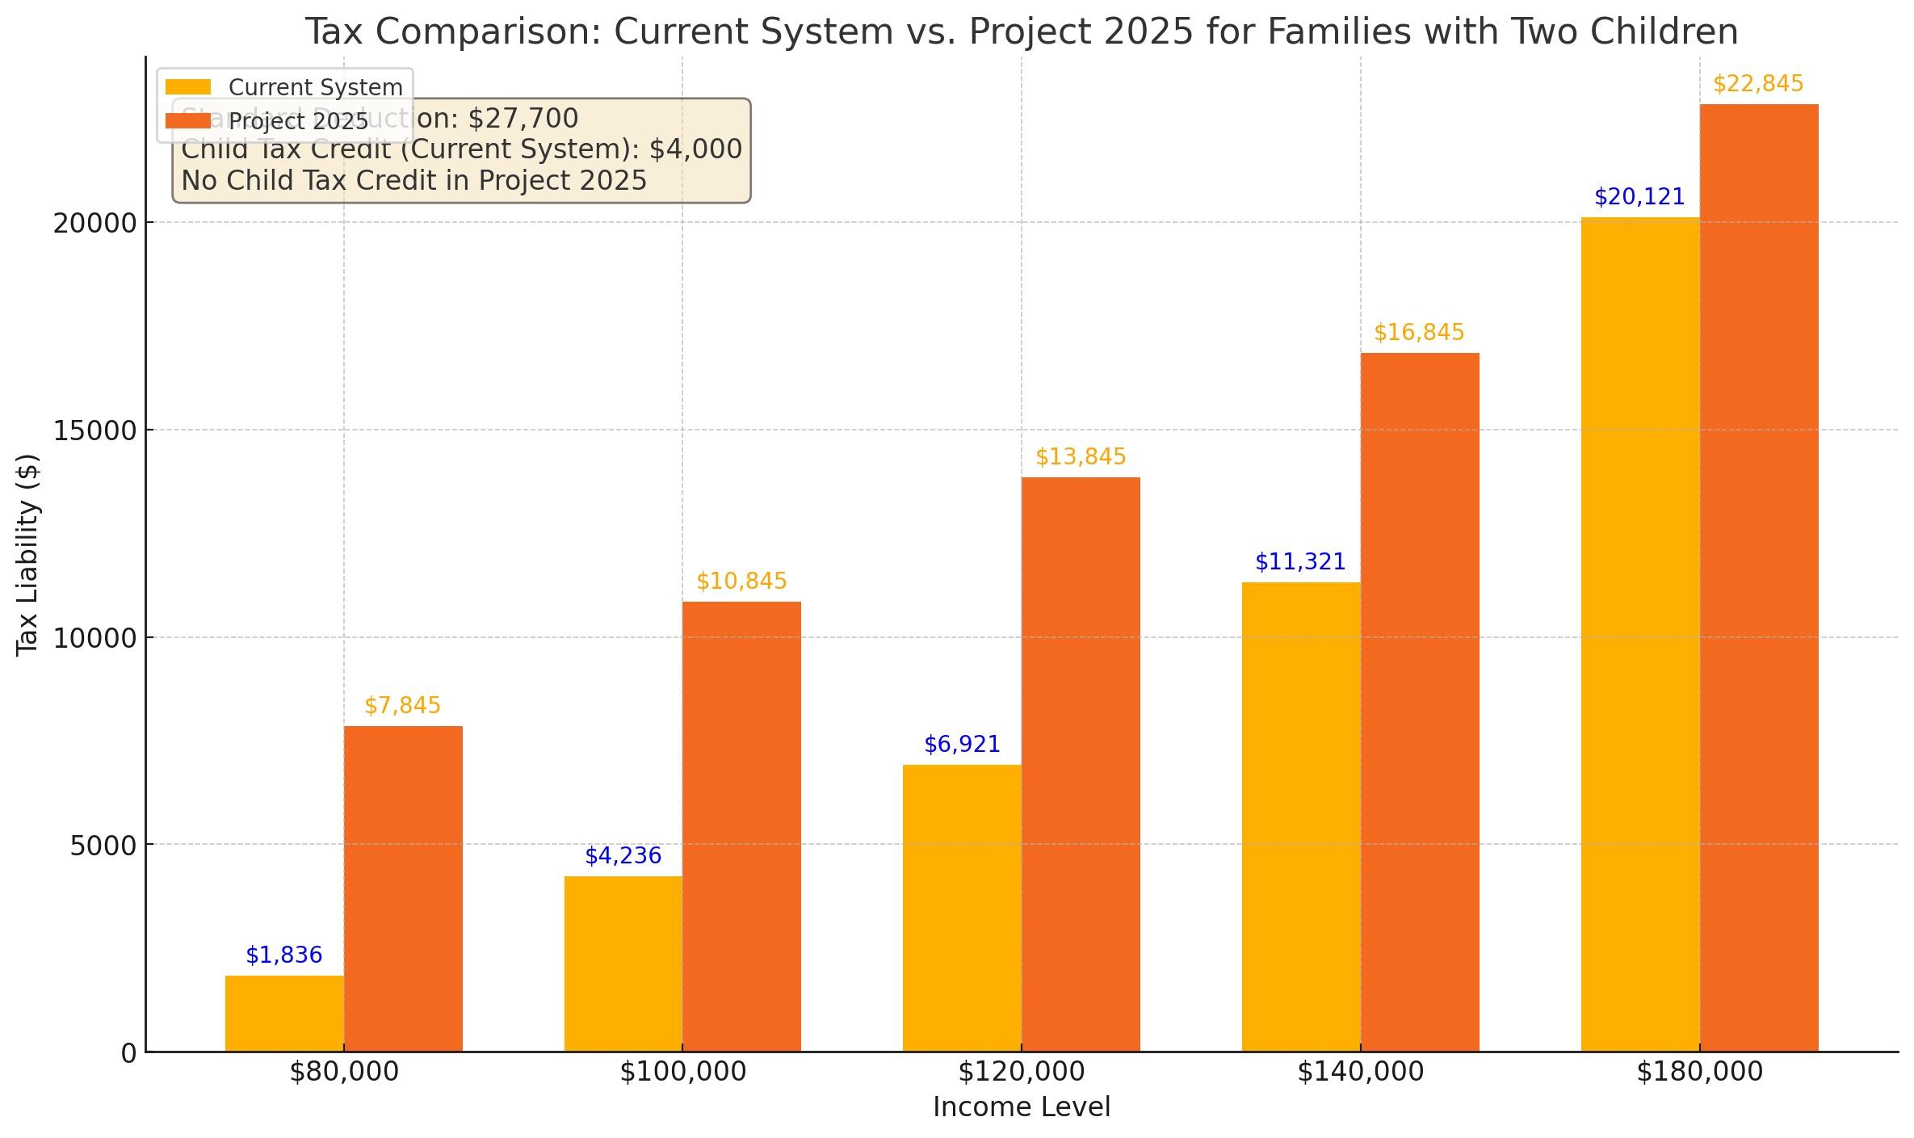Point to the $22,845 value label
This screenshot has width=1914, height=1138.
point(1758,84)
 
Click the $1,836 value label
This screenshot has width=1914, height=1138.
point(284,955)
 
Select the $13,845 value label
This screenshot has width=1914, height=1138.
point(1081,457)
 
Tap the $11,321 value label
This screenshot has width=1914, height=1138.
point(1300,562)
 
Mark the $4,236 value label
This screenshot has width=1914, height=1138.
point(623,856)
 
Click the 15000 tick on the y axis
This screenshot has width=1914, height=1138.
point(94,430)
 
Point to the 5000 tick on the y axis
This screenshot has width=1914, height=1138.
point(103,846)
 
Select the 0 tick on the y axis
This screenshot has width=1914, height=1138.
point(129,1053)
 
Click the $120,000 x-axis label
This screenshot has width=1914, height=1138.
point(1021,1073)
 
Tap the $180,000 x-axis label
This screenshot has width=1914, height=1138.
point(1699,1073)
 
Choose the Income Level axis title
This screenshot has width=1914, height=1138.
point(1022,1107)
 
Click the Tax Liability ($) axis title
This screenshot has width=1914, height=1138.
point(27,555)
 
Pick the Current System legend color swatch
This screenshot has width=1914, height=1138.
point(187,87)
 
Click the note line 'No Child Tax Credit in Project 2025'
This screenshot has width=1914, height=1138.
point(414,181)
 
